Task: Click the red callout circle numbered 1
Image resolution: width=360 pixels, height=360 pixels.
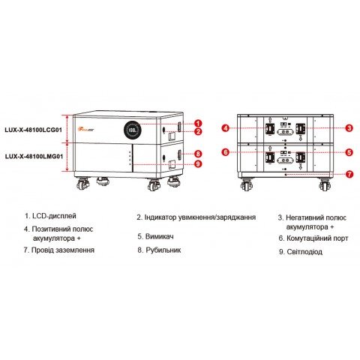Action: pos(198,122)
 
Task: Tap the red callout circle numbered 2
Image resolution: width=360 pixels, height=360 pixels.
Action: pos(198,132)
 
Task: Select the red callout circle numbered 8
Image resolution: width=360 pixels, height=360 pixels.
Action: pos(198,153)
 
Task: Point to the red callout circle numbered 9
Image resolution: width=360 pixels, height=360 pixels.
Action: pos(198,163)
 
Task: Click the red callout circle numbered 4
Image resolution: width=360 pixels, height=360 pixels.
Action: pos(224,127)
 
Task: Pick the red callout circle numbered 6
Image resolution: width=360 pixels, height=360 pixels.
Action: pos(224,152)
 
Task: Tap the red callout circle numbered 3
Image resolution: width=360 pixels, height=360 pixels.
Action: pos(349,127)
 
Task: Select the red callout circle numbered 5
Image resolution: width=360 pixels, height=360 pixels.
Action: pos(349,152)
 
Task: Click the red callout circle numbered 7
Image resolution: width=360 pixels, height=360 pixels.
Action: pos(349,174)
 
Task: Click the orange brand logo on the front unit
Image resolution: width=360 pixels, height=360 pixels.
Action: pos(94,118)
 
